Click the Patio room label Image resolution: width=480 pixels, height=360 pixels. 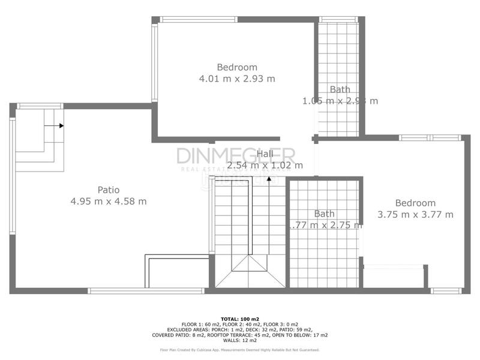(x=108, y=190)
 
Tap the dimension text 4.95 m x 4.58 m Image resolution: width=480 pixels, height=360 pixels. (x=108, y=202)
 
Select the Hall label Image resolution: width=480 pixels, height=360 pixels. (x=265, y=154)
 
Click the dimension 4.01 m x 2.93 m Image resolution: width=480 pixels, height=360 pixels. (x=236, y=79)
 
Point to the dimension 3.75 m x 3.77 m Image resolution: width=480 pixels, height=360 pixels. (x=415, y=214)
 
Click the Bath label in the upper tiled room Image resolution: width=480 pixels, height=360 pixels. (x=340, y=89)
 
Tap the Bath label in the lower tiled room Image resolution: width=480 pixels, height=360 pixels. (x=324, y=214)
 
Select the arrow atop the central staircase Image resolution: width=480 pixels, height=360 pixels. (x=269, y=178)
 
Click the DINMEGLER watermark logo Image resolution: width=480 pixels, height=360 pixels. (x=235, y=156)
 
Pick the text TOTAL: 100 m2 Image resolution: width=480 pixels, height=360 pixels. (x=239, y=319)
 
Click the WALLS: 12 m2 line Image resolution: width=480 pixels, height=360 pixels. (x=239, y=340)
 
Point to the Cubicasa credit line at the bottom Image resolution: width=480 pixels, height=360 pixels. (x=239, y=350)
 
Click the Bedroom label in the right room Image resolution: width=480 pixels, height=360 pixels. (x=415, y=203)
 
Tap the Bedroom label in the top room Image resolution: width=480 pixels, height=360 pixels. (x=236, y=67)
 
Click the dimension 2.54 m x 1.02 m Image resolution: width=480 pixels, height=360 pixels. (x=265, y=165)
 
